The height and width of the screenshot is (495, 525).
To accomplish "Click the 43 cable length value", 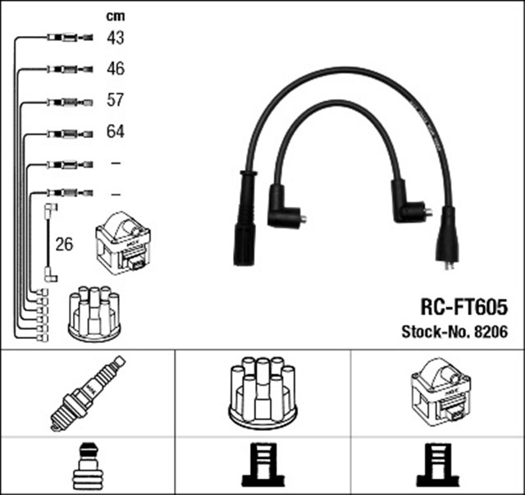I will point(116,38).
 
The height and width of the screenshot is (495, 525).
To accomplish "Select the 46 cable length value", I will point(116,69).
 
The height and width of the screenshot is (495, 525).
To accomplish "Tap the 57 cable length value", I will point(116,100).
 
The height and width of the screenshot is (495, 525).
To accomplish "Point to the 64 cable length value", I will point(116,131).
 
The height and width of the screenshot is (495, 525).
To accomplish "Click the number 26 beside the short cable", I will point(64,244).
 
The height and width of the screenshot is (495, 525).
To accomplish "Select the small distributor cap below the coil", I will point(94,313).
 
